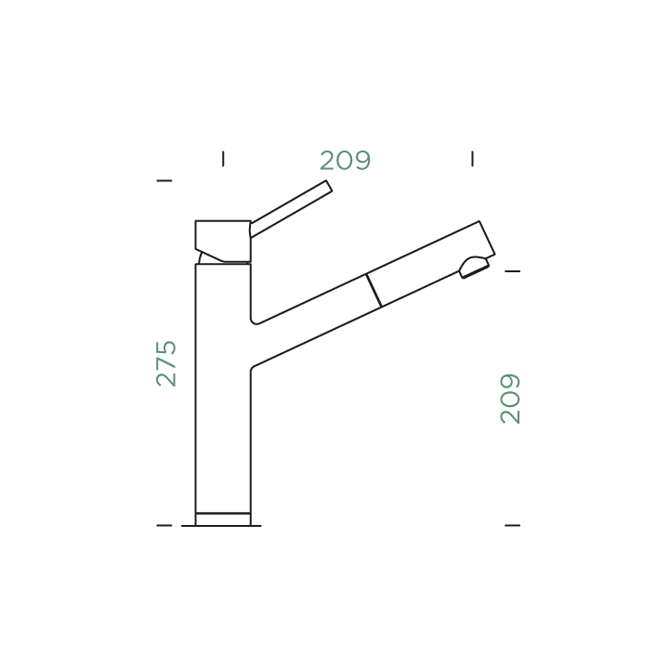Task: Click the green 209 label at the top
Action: coord(345,161)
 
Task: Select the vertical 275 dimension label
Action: coord(166,363)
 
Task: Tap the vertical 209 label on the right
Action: coord(510,399)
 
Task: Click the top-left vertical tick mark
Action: coord(223,159)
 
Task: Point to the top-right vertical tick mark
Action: coord(472,159)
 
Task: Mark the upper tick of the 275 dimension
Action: coord(164,180)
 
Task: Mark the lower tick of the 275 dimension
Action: coord(164,526)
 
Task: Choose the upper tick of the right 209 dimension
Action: coord(511,271)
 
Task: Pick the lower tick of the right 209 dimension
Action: coord(511,526)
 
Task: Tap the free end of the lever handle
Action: coord(328,189)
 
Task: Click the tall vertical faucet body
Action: coord(222,390)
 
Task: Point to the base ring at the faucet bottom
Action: coord(222,519)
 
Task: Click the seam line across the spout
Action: coord(374,290)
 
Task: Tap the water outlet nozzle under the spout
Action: coord(473,268)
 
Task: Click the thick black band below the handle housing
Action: coord(224,263)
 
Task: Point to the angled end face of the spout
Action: coord(487,238)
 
